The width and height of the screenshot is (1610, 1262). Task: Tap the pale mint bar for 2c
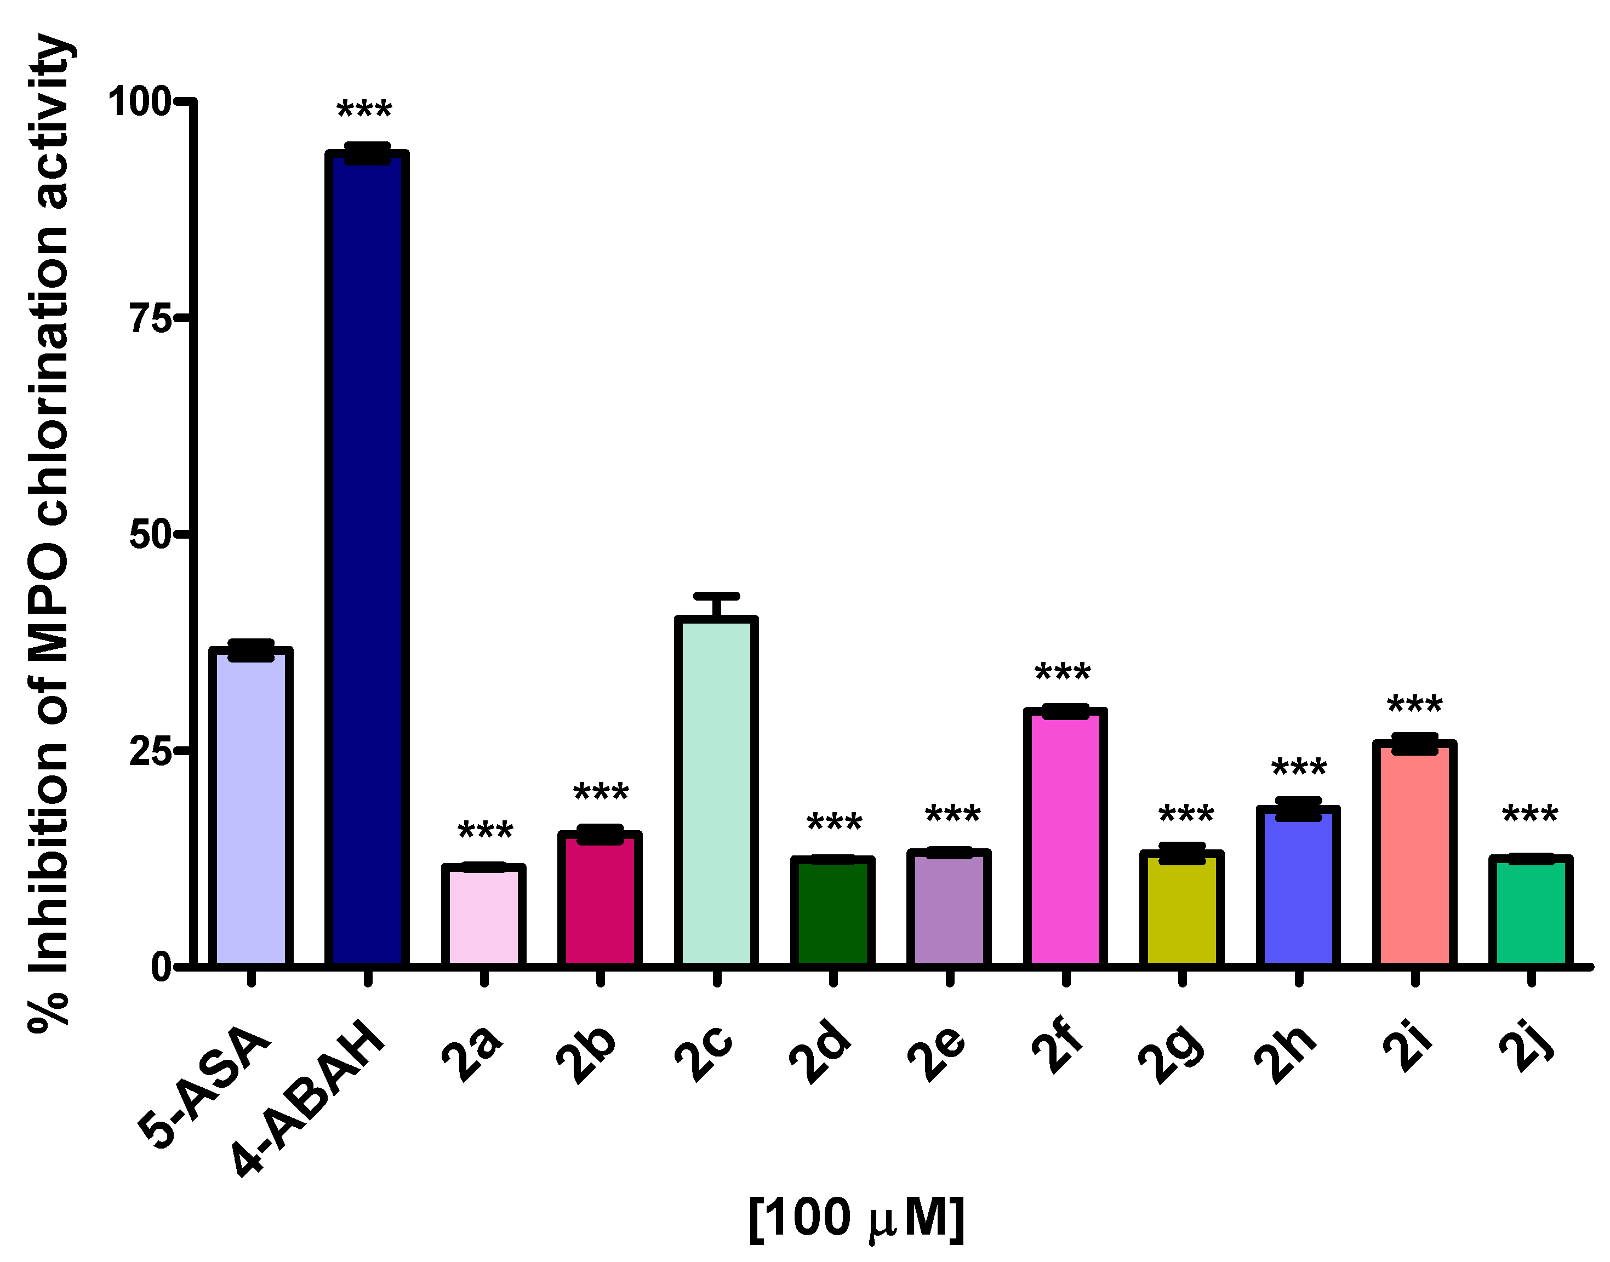[716, 791]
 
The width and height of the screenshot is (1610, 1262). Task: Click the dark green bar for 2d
[833, 912]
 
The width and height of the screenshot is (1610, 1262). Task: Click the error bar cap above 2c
[716, 596]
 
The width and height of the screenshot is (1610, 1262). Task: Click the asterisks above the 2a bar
[486, 832]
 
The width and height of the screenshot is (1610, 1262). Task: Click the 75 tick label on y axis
[150, 318]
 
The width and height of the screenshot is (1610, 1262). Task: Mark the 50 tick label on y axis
[150, 534]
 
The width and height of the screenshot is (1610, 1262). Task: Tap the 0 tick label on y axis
[161, 967]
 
